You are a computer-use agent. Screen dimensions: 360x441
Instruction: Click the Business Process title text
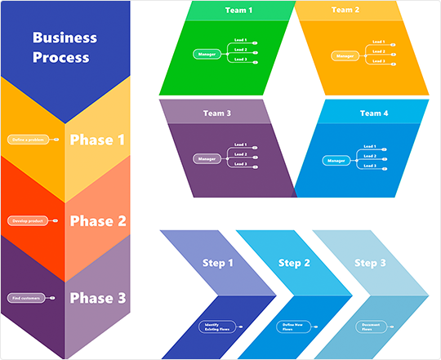65,47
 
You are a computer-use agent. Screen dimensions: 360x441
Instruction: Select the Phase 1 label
97,140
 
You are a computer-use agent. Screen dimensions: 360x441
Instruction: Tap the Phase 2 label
97,220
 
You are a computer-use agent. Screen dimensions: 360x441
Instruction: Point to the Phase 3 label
97,298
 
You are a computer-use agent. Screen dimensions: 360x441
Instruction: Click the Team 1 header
238,11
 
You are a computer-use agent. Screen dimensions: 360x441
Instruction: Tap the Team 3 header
217,113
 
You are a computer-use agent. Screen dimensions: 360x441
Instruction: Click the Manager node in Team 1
207,55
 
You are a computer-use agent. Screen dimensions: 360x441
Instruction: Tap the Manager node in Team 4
336,161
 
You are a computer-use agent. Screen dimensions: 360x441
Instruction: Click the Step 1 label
218,263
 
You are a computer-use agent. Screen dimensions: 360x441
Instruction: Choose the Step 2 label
294,263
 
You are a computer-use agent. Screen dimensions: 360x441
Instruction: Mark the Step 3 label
371,263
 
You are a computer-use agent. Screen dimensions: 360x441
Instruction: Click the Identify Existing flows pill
217,327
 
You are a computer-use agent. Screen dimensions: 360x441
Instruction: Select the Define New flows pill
294,327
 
